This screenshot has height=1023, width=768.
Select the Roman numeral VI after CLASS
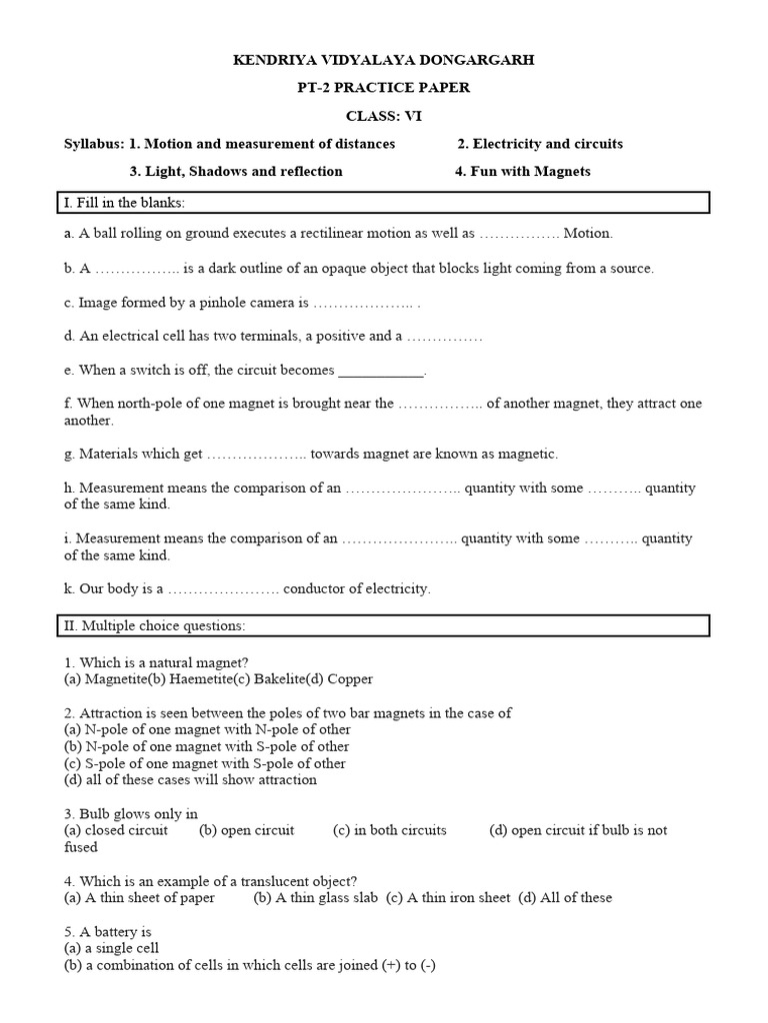(x=411, y=116)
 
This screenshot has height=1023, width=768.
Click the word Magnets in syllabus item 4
(x=562, y=171)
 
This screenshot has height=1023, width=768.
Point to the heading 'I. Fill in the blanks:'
(x=124, y=204)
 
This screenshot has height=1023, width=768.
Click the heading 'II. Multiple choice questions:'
(x=154, y=626)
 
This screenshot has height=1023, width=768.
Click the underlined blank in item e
(x=381, y=371)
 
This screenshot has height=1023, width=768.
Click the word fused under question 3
(x=81, y=847)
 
